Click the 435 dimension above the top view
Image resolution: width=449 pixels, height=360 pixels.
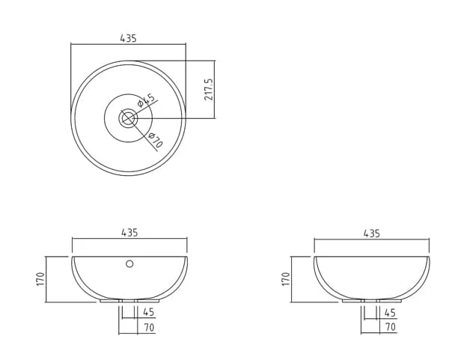pos(128,38)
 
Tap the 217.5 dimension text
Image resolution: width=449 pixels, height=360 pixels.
pos(209,89)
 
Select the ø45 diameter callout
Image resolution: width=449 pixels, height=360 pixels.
pos(146,100)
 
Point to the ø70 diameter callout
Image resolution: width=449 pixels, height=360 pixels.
pos(156,140)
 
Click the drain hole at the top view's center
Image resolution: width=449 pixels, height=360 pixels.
pos(128,118)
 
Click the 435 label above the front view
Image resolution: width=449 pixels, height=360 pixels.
pos(129,233)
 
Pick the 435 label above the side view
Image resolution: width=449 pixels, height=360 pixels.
pos(372,234)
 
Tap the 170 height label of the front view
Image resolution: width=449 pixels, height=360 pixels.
pos(41,278)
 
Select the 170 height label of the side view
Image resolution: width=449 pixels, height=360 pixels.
pos(286,278)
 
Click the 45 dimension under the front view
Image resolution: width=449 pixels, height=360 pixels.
pos(149,312)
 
